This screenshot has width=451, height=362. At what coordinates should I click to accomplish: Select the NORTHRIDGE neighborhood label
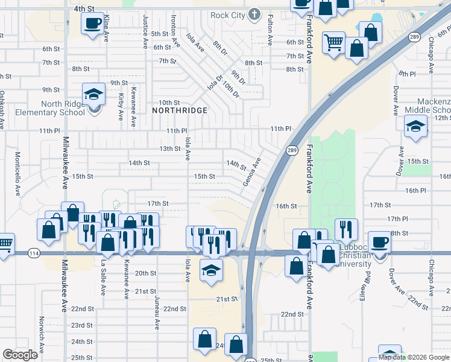coord(180,110)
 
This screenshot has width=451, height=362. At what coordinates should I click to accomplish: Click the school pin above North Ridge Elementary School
coord(93,95)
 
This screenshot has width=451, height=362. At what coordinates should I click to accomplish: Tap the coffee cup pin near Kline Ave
coord(92,25)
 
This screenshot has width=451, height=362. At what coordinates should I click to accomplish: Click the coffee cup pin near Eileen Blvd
coord(379,243)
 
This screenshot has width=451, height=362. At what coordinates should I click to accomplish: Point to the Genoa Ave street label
coord(252,172)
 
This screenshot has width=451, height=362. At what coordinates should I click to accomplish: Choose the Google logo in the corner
coord(20,355)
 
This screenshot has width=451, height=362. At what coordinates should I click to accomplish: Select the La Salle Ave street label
coord(104,276)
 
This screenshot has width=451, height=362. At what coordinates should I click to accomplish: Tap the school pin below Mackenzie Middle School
coord(415,127)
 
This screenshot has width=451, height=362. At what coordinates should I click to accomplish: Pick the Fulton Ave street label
coord(268,31)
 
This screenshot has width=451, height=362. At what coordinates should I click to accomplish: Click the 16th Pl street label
coord(416,190)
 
